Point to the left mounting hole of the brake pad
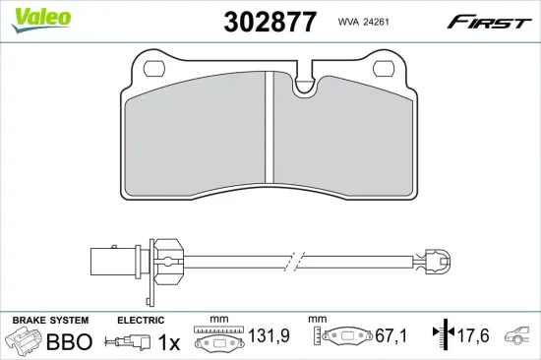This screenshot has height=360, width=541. click(x=153, y=70)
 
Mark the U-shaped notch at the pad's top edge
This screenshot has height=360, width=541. click(x=306, y=83)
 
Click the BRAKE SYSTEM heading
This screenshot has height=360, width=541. click(x=49, y=321)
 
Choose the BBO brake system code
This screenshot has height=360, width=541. click(x=70, y=341)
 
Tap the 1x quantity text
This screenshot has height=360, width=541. click(x=170, y=341)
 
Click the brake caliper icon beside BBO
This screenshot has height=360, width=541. click(x=27, y=342)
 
